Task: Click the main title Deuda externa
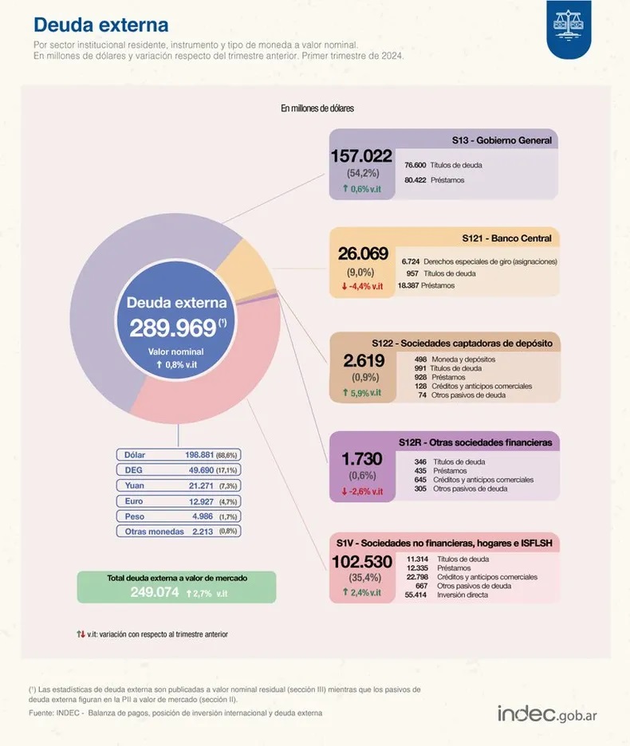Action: point(100,26)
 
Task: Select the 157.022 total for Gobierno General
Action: point(361,156)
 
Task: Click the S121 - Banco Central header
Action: point(507,238)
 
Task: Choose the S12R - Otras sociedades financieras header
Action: point(475,442)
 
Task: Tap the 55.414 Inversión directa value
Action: point(417,595)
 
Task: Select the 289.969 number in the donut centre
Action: point(173,328)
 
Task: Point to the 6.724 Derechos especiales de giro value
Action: point(411,261)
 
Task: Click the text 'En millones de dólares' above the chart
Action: point(317,108)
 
